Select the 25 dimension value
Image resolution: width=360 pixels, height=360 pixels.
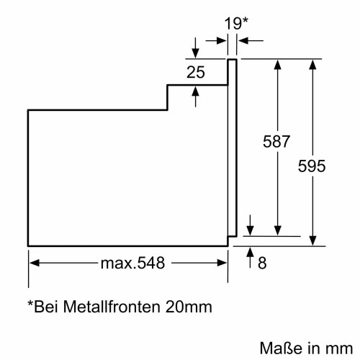click(195, 72)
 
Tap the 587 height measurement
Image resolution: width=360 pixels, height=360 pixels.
click(276, 142)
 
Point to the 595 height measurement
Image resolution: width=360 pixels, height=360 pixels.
click(312, 166)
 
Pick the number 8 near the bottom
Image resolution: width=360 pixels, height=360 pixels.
click(262, 264)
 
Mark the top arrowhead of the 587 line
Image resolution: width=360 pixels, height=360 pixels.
click(276, 65)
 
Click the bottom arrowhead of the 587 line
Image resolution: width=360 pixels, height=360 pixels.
click(276, 230)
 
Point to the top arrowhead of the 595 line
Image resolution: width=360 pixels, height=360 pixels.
click(312, 65)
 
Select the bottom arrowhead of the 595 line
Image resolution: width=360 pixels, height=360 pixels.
click(312, 241)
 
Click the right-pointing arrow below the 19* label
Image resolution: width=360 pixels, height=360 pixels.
click(222, 40)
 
